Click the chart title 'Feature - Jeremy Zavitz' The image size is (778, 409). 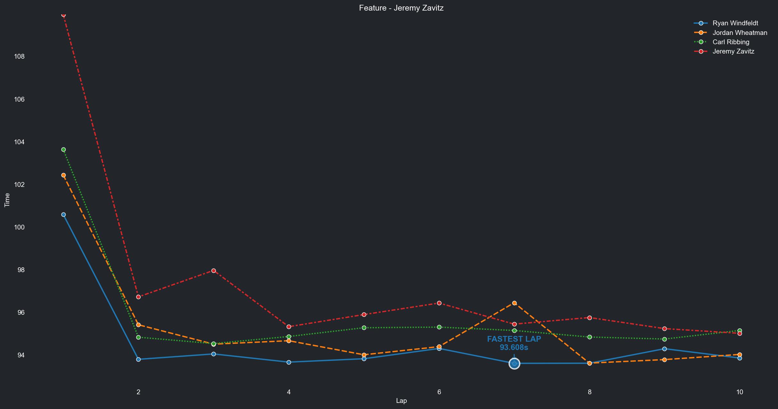click(401, 8)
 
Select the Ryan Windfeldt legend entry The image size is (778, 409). click(735, 23)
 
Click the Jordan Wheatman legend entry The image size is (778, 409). click(740, 33)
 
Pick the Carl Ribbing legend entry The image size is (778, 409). click(731, 42)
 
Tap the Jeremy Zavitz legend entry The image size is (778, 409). click(733, 51)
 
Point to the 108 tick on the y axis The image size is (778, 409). click(19, 56)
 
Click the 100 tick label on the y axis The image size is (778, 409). click(19, 227)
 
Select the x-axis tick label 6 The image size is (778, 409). click(439, 392)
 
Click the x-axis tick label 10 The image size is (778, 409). click(740, 392)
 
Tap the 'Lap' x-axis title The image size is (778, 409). click(401, 401)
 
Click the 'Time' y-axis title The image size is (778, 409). click(7, 200)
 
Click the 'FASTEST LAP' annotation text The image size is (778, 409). click(514, 339)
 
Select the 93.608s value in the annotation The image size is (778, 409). click(514, 347)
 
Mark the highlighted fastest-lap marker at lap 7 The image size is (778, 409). click(514, 363)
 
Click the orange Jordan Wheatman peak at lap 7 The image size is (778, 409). click(514, 303)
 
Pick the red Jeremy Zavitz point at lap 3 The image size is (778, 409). click(213, 271)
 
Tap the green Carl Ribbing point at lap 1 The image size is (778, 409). click(63, 150)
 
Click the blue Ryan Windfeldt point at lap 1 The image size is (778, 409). click(63, 215)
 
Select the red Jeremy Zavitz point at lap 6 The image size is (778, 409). click(439, 303)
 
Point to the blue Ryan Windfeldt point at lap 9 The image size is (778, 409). click(664, 349)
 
